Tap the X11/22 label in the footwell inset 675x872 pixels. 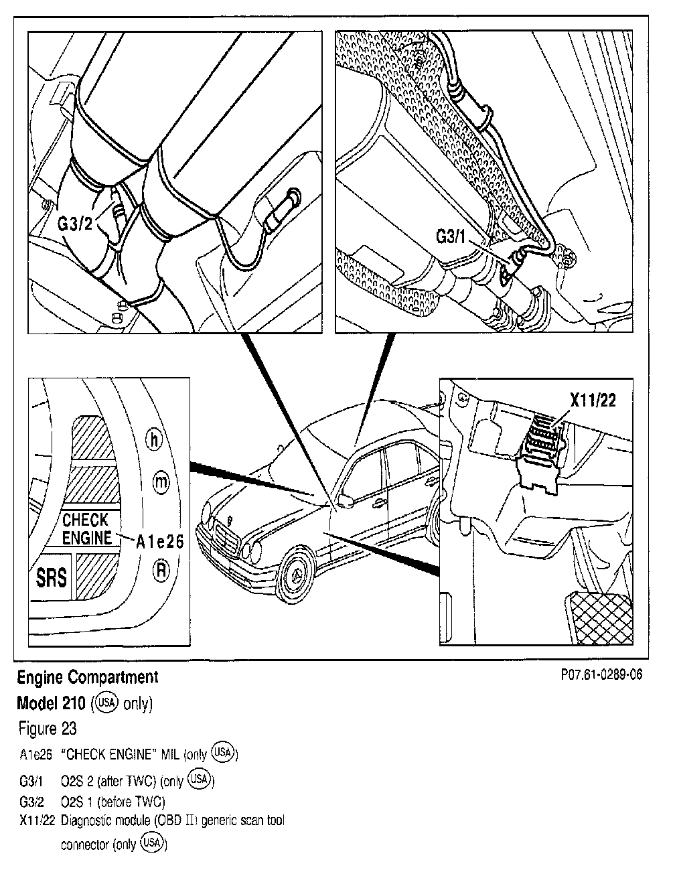[593, 401]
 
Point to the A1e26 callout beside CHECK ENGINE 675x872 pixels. [159, 542]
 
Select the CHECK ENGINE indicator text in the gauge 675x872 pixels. [86, 529]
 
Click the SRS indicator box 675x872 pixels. [51, 576]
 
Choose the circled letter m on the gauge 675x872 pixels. [161, 482]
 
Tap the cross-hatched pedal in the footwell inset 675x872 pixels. [599, 617]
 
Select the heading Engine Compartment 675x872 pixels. [87, 677]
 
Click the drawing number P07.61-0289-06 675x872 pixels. [601, 675]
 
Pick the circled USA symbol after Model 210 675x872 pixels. [106, 703]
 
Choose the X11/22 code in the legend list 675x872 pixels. [36, 820]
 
